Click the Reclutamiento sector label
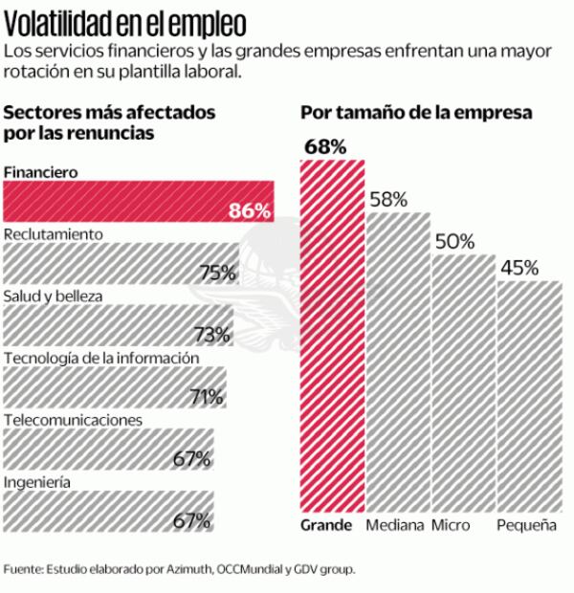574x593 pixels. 54,233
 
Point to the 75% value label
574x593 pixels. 217,273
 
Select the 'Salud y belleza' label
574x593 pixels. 53,296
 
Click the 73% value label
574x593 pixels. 211,335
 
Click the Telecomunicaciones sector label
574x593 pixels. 74,420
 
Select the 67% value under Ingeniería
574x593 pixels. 191,521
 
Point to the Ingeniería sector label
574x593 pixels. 37,482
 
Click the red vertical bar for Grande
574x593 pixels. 332,335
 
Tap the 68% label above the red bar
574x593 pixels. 324,146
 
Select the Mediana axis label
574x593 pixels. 393,526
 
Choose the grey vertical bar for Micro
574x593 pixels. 462,383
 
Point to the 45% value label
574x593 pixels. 519,268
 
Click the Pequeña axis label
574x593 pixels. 526,526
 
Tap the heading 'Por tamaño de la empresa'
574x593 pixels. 415,113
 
